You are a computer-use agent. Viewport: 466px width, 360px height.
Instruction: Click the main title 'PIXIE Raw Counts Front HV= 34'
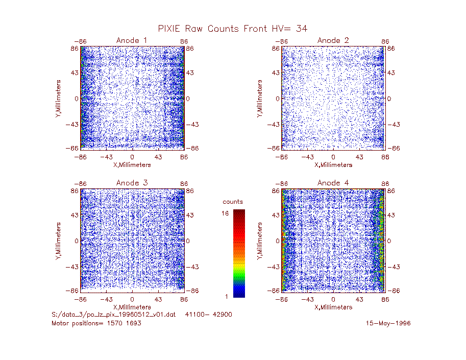(232, 29)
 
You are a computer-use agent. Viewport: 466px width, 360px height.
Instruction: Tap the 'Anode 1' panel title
(132, 40)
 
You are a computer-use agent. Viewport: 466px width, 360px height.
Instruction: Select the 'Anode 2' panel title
(333, 40)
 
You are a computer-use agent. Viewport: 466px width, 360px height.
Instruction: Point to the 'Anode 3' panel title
(132, 183)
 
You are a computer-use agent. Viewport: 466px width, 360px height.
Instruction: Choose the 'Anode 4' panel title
(333, 183)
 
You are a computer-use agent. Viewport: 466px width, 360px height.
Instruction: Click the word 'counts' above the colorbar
(233, 202)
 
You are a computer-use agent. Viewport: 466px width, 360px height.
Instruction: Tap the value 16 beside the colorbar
(225, 213)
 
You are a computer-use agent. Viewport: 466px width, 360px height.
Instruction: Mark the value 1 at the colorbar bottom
(227, 296)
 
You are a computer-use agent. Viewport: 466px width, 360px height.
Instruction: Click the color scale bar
(239, 253)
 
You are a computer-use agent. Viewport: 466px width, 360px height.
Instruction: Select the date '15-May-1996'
(388, 323)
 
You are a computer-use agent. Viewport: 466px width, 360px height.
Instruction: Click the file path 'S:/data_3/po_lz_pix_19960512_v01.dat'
(113, 315)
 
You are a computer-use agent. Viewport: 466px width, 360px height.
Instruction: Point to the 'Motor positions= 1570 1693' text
(96, 323)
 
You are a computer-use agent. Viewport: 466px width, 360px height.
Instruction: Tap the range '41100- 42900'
(208, 315)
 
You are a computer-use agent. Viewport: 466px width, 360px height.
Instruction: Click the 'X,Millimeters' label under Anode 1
(132, 165)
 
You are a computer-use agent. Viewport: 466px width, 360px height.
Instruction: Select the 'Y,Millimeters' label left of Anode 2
(260, 99)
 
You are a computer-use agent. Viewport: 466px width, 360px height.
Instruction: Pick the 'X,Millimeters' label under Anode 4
(333, 307)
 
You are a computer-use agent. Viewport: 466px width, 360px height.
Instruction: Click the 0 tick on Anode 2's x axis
(333, 157)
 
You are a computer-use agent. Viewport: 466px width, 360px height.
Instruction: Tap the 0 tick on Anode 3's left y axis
(77, 241)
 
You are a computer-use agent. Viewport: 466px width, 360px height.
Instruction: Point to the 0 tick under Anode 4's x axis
(333, 299)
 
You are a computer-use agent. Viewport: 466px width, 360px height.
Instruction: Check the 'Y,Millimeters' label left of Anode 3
(58, 241)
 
